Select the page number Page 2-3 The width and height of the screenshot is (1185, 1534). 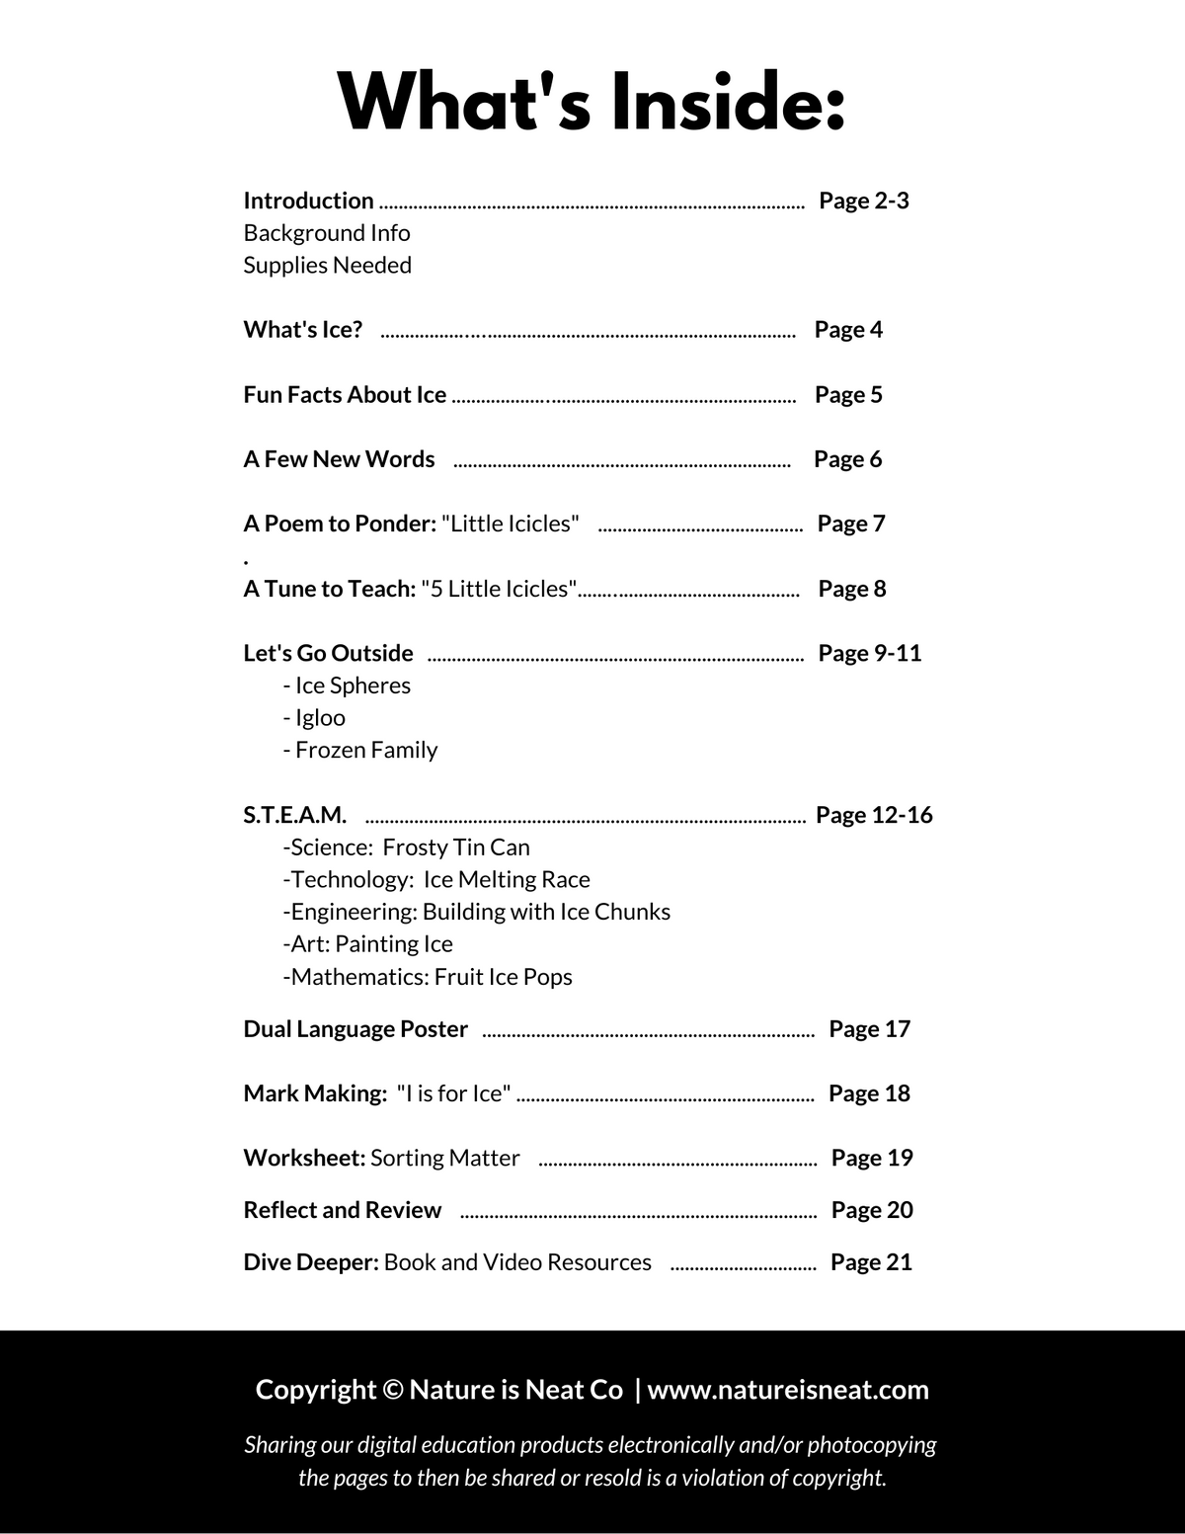coord(863,201)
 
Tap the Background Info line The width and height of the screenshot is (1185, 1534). coord(327,233)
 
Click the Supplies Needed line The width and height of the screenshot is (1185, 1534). coord(327,265)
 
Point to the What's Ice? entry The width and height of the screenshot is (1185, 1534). coord(303,330)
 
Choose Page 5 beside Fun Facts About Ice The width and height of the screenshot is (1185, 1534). coord(848,395)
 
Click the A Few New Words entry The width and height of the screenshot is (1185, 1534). coord(339,459)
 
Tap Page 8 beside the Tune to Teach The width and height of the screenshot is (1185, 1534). coord(852,589)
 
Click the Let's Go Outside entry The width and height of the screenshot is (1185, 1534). coord(328,653)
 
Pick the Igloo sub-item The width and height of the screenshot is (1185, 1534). coord(314,718)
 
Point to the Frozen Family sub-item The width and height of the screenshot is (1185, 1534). coord(359,750)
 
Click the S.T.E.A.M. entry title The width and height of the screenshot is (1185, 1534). coord(294,815)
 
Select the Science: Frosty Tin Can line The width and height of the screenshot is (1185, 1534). coord(406,848)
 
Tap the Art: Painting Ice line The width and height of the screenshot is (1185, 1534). coord(367,944)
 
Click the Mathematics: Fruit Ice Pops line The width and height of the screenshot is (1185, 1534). coord(427,977)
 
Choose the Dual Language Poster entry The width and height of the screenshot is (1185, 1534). coord(355,1029)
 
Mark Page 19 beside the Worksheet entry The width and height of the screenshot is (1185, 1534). coord(872,1158)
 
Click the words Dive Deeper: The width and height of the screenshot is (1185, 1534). coord(311,1262)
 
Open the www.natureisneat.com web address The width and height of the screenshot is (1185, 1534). coord(788,1390)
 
